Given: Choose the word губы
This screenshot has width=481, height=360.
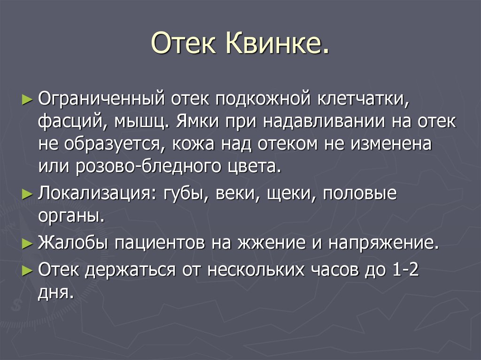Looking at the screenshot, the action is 186,194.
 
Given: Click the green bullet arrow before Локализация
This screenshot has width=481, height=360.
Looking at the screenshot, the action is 27,194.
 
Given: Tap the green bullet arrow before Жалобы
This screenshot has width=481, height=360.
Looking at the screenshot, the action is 27,244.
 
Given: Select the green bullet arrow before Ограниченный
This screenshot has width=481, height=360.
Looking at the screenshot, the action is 27,100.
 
